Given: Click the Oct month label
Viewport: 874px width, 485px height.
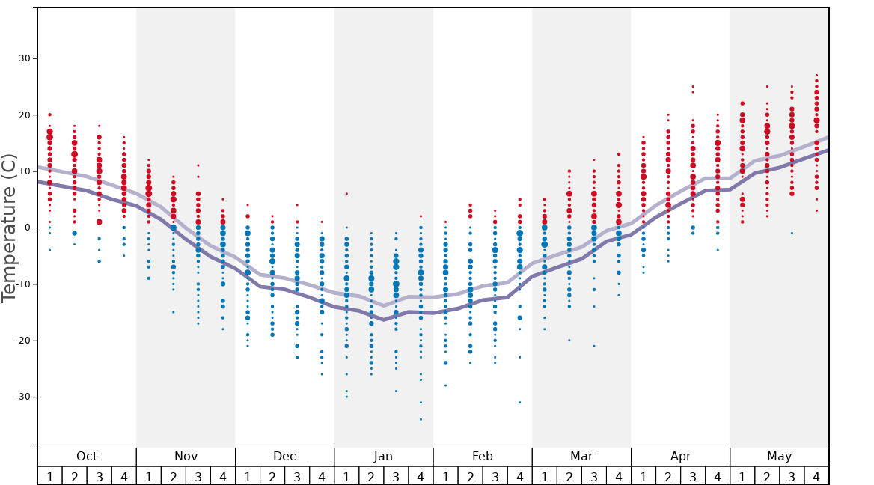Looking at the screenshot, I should (87, 457).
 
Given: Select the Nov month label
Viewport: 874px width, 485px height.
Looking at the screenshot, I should (186, 457).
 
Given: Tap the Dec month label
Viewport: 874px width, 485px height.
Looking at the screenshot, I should (284, 457).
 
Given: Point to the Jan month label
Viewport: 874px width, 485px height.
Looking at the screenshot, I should (383, 457).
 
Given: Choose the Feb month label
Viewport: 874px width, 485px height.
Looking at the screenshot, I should (483, 457).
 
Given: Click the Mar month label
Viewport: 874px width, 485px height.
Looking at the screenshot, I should (581, 457).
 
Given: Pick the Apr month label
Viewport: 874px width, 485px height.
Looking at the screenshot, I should (680, 457).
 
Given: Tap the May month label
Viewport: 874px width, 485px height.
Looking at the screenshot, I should (779, 457).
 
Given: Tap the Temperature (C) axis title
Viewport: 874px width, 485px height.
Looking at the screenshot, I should (10, 228).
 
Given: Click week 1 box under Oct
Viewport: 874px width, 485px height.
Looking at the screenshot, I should (49, 476).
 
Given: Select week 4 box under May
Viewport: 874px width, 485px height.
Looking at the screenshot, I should (816, 476).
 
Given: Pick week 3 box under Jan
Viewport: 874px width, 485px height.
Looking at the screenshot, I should (396, 476).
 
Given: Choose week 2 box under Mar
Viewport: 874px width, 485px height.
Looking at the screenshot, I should (569, 476).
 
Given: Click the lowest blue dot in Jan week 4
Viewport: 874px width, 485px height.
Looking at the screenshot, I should (421, 419).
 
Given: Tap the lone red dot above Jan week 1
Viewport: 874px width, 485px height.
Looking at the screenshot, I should (346, 194).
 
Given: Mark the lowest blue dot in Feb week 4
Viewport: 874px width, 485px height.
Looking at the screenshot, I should (519, 403).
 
